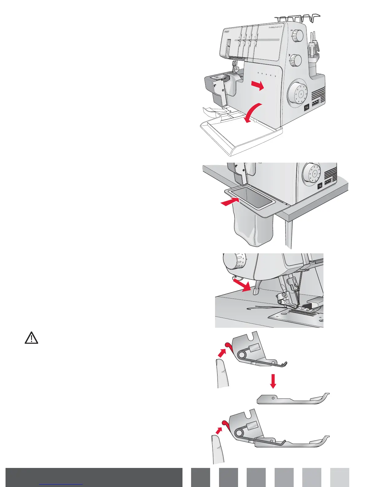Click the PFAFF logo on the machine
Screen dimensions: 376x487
point(226,31)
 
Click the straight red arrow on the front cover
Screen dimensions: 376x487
point(257,86)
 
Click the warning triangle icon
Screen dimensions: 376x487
point(31,338)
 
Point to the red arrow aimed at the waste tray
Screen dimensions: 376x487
point(229,202)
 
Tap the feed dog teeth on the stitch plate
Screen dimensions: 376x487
point(302,312)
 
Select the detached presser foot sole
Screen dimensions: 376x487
point(292,399)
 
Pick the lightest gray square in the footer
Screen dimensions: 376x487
point(340,477)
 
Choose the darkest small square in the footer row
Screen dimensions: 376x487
point(201,477)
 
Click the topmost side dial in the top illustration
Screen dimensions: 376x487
point(297,36)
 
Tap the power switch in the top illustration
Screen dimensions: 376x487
point(307,108)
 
